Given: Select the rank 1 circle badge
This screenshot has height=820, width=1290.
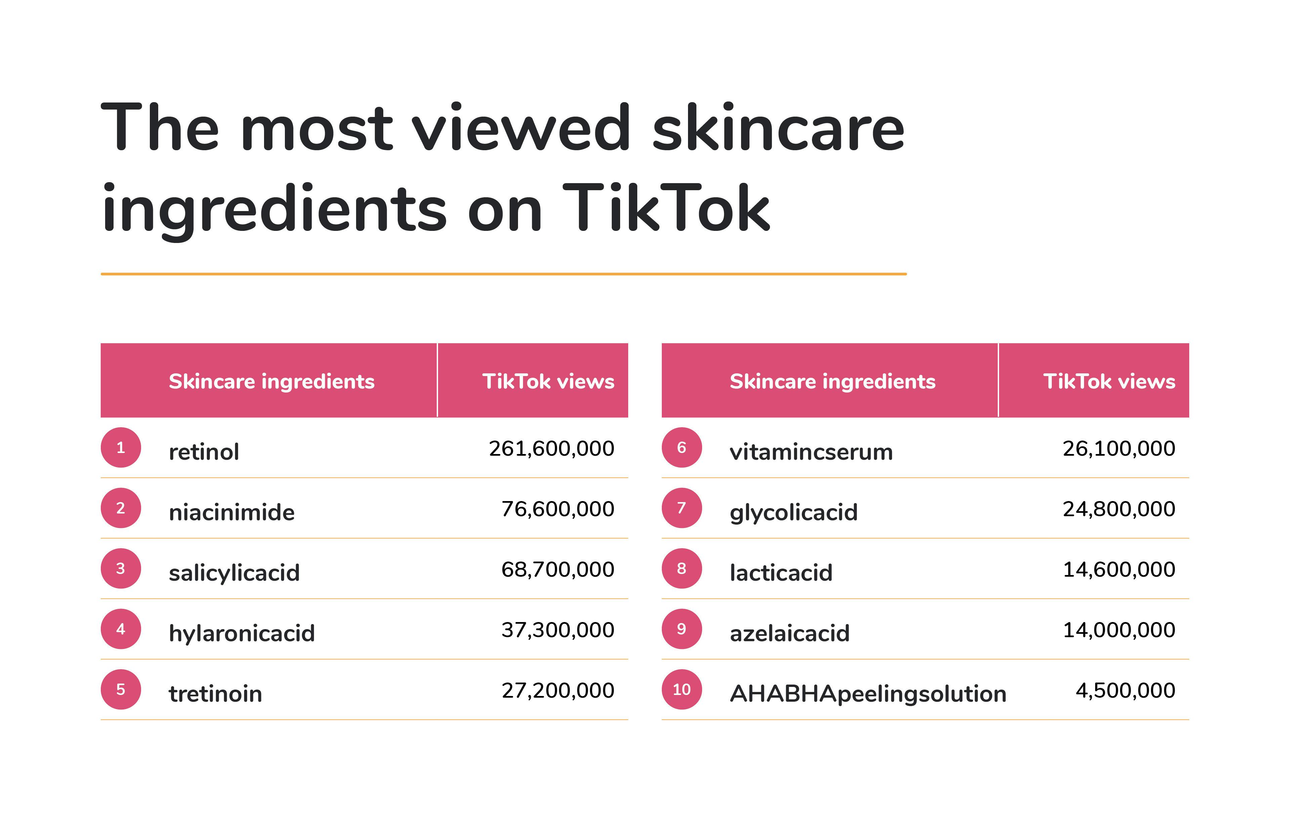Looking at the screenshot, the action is pyautogui.click(x=121, y=448).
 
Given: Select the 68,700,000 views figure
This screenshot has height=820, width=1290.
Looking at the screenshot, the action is pyautogui.click(x=558, y=569).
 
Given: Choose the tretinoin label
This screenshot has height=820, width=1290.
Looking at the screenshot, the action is pyautogui.click(x=215, y=694).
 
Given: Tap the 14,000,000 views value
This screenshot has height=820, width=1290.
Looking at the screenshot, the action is pyautogui.click(x=1119, y=630).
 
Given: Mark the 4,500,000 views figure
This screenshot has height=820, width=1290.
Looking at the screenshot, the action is pyautogui.click(x=1125, y=690).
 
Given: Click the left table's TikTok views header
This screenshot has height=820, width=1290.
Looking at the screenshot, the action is pyautogui.click(x=548, y=381).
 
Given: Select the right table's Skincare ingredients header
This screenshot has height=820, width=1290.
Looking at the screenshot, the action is pyautogui.click(x=832, y=381).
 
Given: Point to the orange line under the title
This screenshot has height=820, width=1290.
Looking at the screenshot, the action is pyautogui.click(x=504, y=274).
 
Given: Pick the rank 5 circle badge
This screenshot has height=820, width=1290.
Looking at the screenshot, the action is pyautogui.click(x=121, y=689).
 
